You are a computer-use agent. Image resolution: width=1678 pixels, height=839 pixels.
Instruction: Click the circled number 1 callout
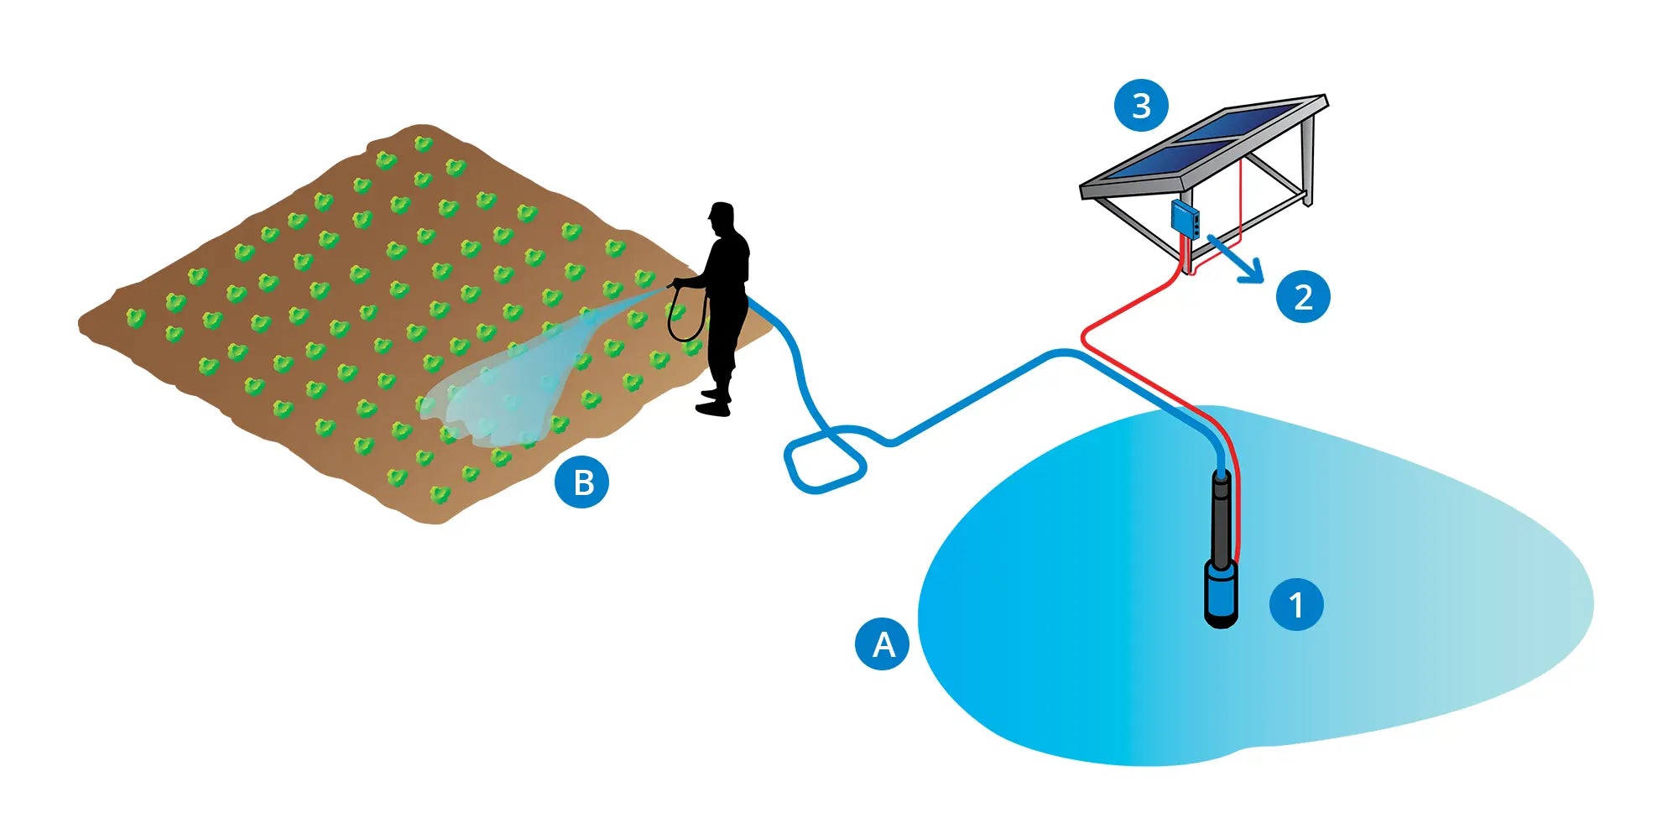[1296, 604]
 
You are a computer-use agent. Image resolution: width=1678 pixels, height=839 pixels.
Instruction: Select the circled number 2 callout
[1303, 296]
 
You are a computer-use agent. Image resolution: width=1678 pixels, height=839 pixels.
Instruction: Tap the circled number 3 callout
[1141, 106]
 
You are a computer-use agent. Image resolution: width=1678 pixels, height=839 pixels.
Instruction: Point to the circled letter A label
[882, 644]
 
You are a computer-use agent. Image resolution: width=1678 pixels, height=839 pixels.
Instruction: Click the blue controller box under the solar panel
[1186, 218]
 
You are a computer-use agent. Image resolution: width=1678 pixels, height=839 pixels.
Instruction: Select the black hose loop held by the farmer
[685, 315]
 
